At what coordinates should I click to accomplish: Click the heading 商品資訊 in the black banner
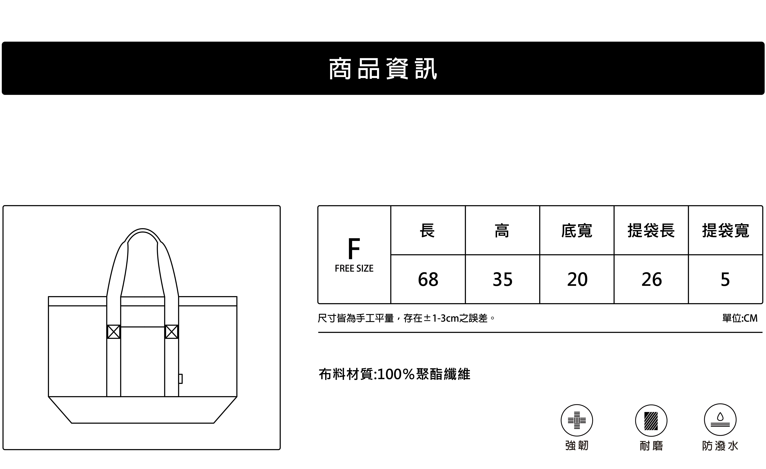[383, 69]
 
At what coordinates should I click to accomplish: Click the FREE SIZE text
[354, 268]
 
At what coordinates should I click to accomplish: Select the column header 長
[427, 230]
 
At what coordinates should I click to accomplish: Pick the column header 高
[502, 230]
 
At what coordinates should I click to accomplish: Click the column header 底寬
[577, 230]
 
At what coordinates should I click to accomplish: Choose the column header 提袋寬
[726, 230]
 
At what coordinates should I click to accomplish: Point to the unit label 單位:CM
[740, 318]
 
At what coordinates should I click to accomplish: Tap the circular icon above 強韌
[577, 420]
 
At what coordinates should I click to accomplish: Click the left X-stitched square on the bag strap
[113, 332]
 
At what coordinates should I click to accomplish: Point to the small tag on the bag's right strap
[180, 379]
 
